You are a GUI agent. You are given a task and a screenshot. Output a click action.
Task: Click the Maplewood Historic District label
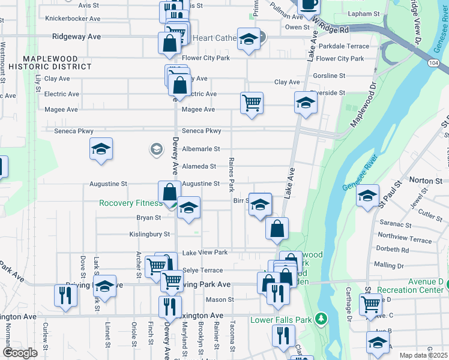(58, 62)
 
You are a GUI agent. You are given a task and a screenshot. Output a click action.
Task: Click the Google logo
(20, 353)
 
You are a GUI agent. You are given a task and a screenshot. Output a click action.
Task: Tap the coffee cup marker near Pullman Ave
(309, 4)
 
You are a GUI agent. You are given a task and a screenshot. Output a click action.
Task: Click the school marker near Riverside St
(306, 103)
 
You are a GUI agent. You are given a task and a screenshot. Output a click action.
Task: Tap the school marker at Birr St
(260, 204)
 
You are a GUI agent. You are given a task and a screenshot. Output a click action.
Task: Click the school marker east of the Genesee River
(368, 195)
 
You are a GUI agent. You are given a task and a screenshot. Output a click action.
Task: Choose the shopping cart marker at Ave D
(370, 304)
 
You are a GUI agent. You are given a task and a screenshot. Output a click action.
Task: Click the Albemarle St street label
(201, 149)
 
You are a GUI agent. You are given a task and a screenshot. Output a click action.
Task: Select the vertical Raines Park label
(231, 175)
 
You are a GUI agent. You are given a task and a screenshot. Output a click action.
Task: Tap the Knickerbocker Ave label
(73, 19)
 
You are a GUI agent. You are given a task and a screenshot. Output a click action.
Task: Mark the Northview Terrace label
(402, 239)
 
